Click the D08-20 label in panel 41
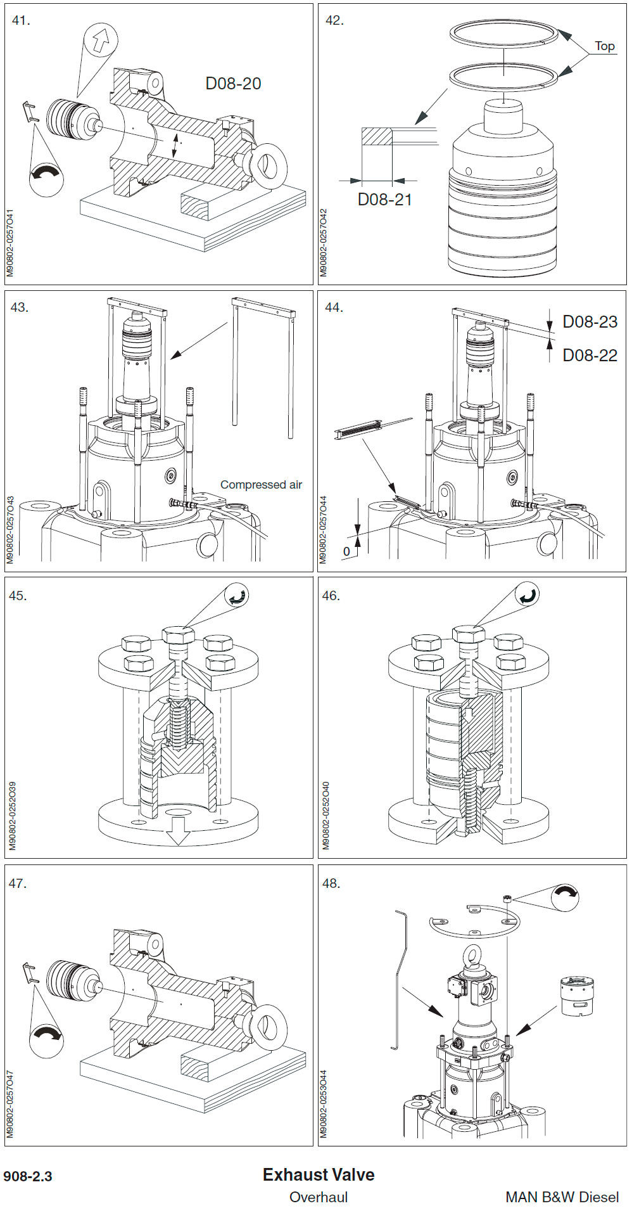point(233,84)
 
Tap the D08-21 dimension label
point(384,200)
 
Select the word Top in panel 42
point(604,46)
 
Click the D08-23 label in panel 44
point(590,322)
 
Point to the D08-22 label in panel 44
point(590,356)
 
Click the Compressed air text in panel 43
point(261,485)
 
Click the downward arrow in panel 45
point(179,831)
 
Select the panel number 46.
point(331,596)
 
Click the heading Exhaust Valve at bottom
point(319,1174)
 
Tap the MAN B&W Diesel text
point(562,1197)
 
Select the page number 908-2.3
point(28,1177)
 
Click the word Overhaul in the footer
point(319,1197)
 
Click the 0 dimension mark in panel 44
point(346,551)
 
